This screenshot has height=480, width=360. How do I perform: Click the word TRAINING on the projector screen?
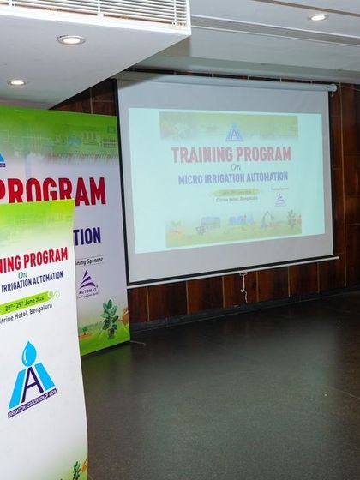202,155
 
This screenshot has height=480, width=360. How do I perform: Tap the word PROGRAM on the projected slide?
262,154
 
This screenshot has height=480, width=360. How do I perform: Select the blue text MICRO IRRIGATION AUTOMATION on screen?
233,179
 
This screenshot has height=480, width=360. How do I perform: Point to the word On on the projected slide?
232,168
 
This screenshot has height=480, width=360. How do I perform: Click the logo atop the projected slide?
234,133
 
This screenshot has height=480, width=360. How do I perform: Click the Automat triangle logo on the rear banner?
87,282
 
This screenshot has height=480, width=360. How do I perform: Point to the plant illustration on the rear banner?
110,318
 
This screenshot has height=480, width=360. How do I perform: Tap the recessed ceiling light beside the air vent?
70,39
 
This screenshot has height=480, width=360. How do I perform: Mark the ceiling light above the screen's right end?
318,17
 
